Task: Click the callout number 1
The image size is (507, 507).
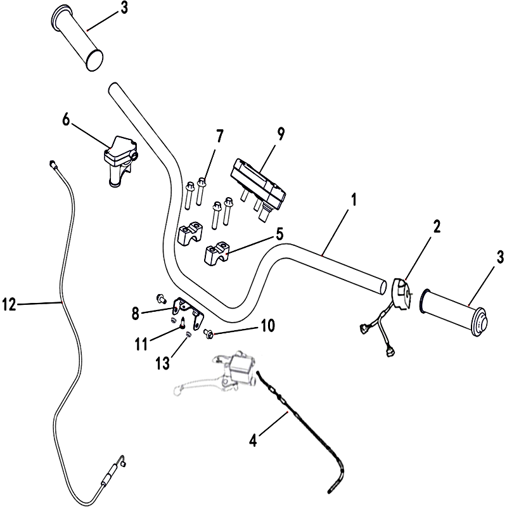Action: pos(354,201)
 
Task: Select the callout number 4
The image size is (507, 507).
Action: pos(253,438)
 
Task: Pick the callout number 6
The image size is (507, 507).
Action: pos(66,119)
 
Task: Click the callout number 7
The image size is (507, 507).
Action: pos(220,136)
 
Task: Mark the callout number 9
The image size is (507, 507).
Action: pos(281,134)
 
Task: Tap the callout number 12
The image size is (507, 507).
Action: pos(10,305)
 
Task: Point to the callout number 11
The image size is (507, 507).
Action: pos(141,343)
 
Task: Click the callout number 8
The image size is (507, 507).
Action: pos(135,312)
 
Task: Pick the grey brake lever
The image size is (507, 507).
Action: pos(196,385)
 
